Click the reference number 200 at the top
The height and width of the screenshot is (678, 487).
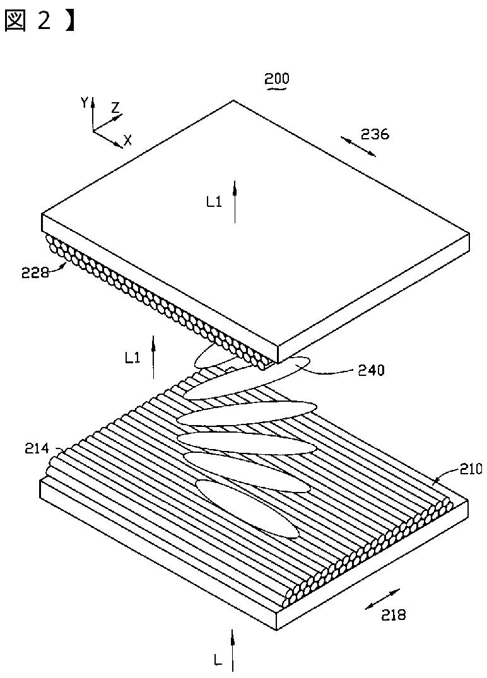pos(277,79)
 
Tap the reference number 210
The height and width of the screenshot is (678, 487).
pos(470,469)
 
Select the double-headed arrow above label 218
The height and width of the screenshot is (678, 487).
pos(383,599)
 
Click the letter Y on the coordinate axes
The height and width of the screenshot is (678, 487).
pos(85,103)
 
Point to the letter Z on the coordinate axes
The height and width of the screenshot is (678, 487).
pos(115,108)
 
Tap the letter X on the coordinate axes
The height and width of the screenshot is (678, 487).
pos(127,141)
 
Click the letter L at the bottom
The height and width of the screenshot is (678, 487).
pos(217,661)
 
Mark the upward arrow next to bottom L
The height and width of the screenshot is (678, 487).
pos(233,649)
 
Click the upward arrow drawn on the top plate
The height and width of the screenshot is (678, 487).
pos(235,201)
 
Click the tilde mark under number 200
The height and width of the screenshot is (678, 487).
pos(277,90)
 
